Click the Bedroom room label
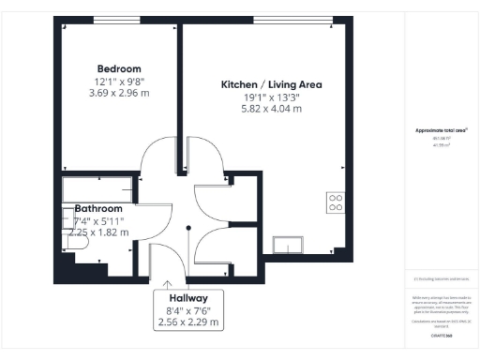[x=119, y=68]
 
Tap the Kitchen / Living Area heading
[x=271, y=84]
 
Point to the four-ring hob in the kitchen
[x=334, y=202]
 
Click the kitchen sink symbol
[x=288, y=246]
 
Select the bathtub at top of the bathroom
[x=97, y=187]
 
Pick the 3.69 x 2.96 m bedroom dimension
[x=119, y=94]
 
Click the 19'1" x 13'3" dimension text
[x=271, y=97]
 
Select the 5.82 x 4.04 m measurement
[x=271, y=109]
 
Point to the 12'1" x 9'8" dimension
[x=119, y=82]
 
